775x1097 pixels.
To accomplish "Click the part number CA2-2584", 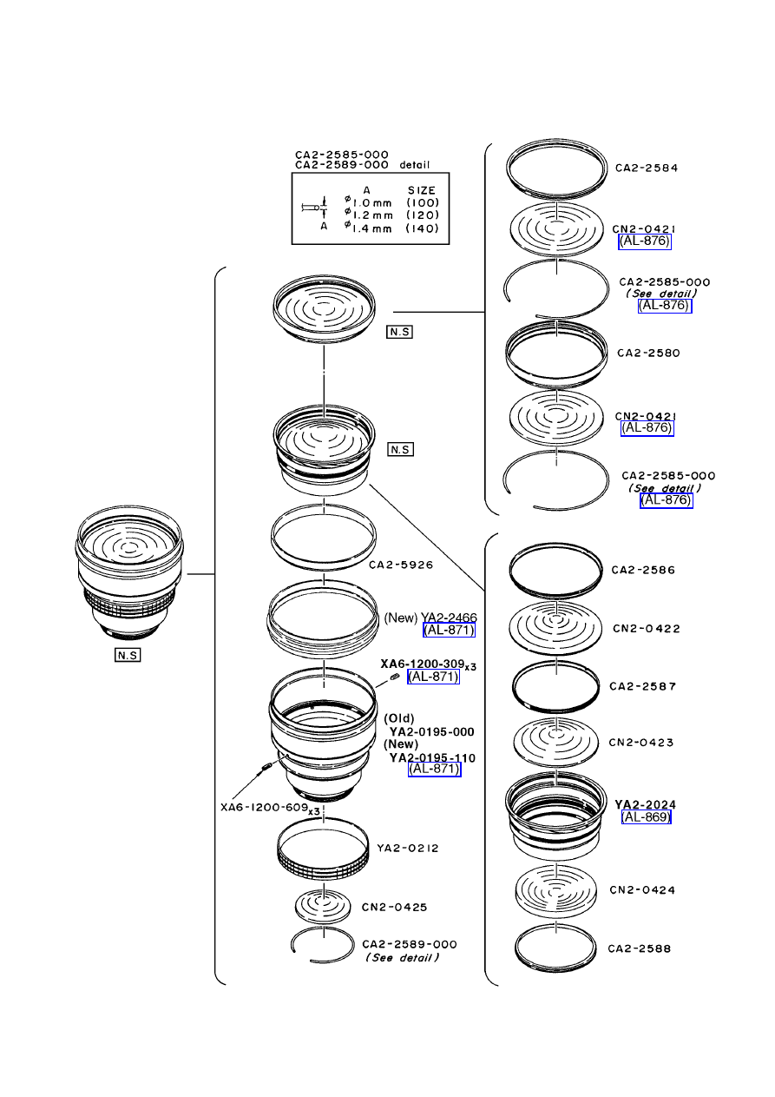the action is [x=647, y=168].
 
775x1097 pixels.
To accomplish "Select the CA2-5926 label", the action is [x=401, y=565].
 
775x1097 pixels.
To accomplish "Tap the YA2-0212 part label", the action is [x=408, y=848].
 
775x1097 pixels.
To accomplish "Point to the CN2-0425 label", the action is [x=394, y=907].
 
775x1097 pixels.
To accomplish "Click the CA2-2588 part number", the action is [x=639, y=948].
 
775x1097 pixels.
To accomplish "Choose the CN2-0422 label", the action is [x=647, y=628].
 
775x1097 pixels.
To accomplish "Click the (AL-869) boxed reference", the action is [x=646, y=816].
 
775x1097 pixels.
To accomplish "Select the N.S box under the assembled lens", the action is [x=128, y=655].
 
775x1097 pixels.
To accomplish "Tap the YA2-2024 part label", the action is [x=645, y=804].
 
